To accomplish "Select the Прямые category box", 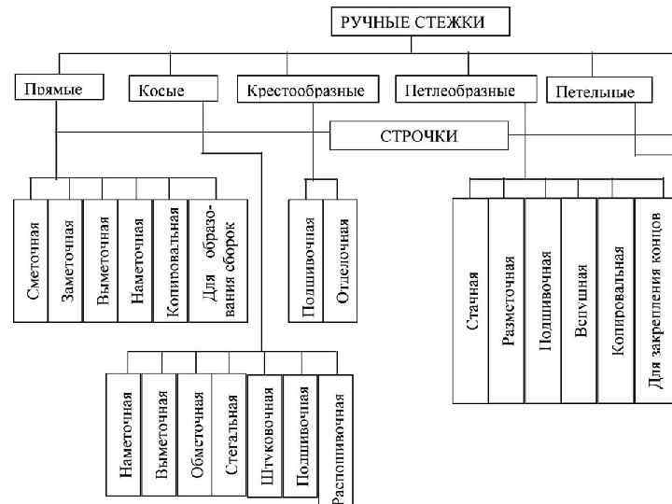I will pyautogui.click(x=55, y=90).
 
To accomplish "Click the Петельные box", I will pyautogui.click(x=595, y=91).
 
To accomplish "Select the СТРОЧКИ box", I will pyautogui.click(x=418, y=136).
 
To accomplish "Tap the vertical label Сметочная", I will pyautogui.click(x=32, y=259).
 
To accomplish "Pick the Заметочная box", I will pyautogui.click(x=66, y=259).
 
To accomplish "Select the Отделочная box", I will pyautogui.click(x=342, y=259).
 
